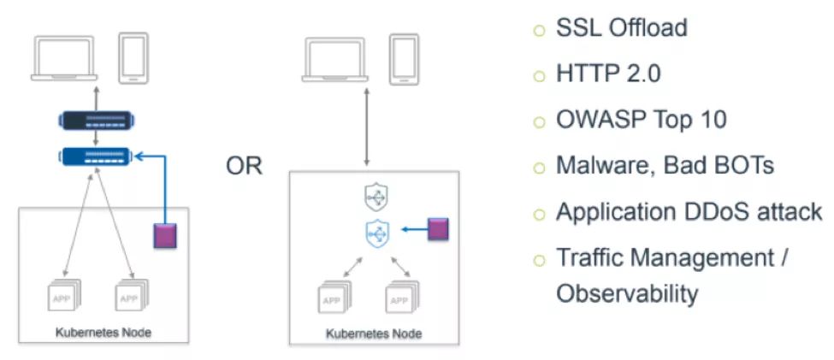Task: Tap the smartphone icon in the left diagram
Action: (133, 57)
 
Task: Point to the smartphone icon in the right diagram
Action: (404, 57)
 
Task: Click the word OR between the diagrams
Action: (244, 166)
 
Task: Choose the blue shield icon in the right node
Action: (376, 231)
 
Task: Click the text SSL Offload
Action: (622, 27)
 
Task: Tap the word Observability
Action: (627, 293)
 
